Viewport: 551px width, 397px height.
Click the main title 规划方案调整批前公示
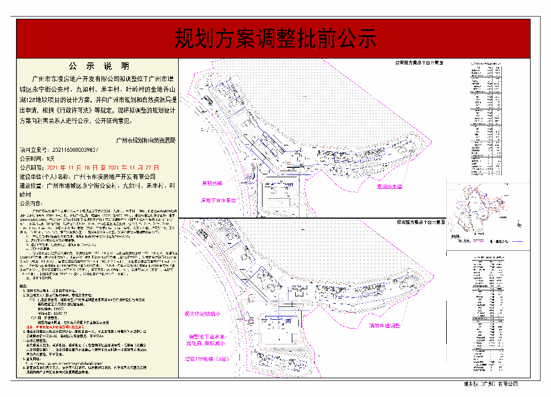275,39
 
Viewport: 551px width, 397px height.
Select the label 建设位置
31,186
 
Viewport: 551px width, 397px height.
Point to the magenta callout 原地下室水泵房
218,201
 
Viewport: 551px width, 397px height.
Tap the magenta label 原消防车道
389,187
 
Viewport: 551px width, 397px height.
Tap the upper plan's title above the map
422,62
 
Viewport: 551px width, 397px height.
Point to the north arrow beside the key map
518,223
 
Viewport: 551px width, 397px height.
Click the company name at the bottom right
490,384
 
